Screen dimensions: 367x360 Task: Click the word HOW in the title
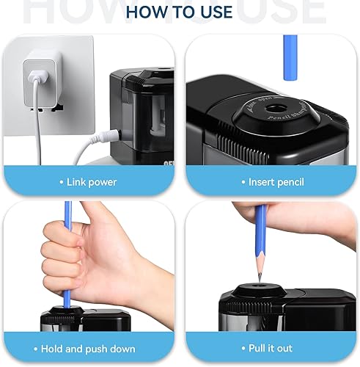[x=147, y=12]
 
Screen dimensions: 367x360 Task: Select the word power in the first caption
[x=103, y=181]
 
